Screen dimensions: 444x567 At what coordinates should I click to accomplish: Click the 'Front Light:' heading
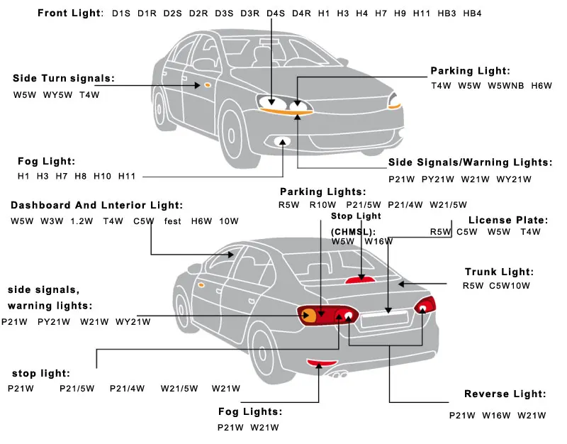(x=69, y=13)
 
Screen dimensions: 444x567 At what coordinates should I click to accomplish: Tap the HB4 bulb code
(x=472, y=13)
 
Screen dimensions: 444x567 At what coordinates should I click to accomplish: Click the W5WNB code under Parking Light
(x=506, y=86)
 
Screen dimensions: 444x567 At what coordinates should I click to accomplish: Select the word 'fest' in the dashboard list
(x=173, y=221)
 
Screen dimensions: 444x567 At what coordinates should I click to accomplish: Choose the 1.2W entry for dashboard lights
(x=82, y=221)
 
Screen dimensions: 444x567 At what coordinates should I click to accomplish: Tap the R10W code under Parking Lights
(x=318, y=206)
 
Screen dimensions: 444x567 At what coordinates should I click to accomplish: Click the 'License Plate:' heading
(x=509, y=220)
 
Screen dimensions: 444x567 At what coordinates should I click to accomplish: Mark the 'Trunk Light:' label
(x=499, y=272)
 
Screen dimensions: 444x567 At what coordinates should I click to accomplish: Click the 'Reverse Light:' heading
(x=505, y=394)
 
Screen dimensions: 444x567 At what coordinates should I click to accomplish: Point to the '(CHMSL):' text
(x=354, y=231)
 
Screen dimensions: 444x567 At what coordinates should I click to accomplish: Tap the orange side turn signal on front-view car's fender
(x=208, y=85)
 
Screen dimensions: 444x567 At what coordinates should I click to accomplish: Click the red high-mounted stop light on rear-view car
(x=359, y=279)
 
